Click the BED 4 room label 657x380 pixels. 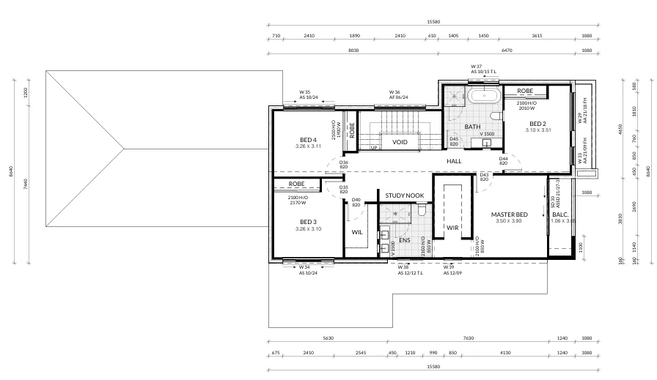click(308, 140)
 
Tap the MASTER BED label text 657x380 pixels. click(510, 215)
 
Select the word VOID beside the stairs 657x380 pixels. click(400, 142)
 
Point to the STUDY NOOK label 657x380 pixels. click(405, 195)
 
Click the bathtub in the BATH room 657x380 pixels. click(485, 95)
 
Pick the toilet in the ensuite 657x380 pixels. click(422, 211)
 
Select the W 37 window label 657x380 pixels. click(477, 67)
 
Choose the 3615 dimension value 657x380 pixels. click(537, 35)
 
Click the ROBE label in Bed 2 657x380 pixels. click(525, 91)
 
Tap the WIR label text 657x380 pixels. click(452, 228)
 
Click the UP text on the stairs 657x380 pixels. click(374, 147)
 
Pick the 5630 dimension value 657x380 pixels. click(327, 338)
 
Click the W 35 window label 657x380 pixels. click(306, 93)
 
